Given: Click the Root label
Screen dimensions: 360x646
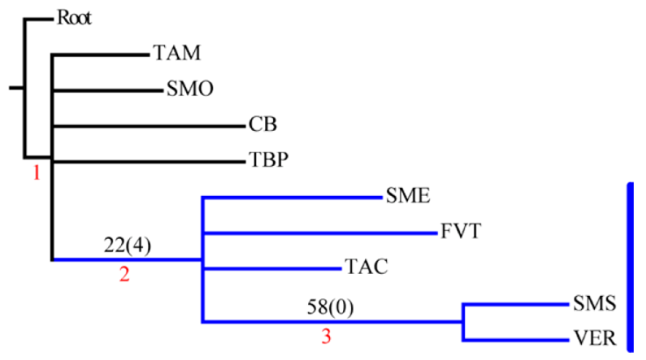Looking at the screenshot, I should tap(75, 18).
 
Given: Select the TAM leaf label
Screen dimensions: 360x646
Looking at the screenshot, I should tap(176, 54).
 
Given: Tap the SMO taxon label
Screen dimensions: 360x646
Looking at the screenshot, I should tap(190, 89).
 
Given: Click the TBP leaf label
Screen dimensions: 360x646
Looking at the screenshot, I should tap(269, 161).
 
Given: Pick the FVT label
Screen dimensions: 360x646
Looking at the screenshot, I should tap(460, 232).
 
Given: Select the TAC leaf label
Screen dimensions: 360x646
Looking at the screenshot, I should tap(366, 268).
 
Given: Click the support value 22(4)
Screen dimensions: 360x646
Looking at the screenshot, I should tap(127, 245).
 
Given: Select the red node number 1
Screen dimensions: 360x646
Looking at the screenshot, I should tap(36, 173).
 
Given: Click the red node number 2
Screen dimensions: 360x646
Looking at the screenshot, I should tap(124, 274).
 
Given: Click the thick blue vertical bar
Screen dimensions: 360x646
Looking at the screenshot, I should tap(629, 267).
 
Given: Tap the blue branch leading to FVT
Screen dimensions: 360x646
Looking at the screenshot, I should tap(319, 233).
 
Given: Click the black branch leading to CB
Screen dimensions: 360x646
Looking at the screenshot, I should tap(149, 126).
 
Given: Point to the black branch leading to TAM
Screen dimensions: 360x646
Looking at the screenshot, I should tap(101, 54).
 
